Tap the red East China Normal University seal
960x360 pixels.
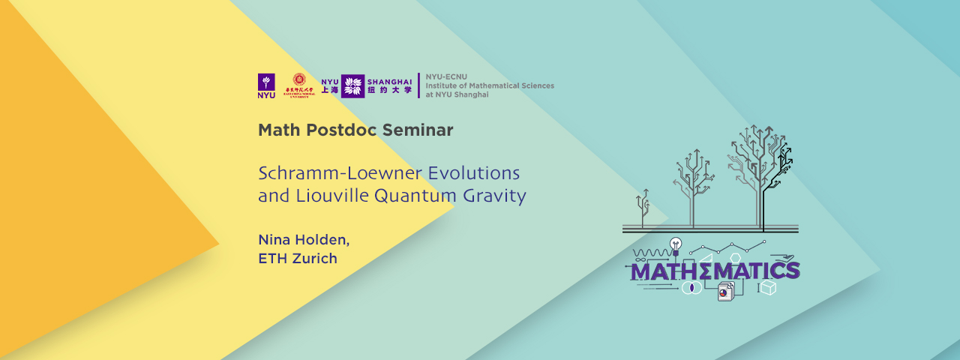point(298,82)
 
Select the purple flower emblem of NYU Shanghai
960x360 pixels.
point(352,86)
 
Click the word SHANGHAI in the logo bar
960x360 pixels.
point(389,81)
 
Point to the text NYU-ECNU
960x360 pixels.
point(442,77)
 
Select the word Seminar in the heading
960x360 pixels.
point(418,130)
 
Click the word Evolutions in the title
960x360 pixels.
point(474,172)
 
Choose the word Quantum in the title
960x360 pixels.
point(406,196)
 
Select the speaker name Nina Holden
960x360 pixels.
point(304,240)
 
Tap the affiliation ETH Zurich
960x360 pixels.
point(298,259)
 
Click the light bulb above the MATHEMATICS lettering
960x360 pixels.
point(675,244)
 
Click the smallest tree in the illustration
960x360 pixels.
point(642,206)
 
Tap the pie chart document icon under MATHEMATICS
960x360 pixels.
point(725,292)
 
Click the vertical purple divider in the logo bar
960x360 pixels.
point(418,86)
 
